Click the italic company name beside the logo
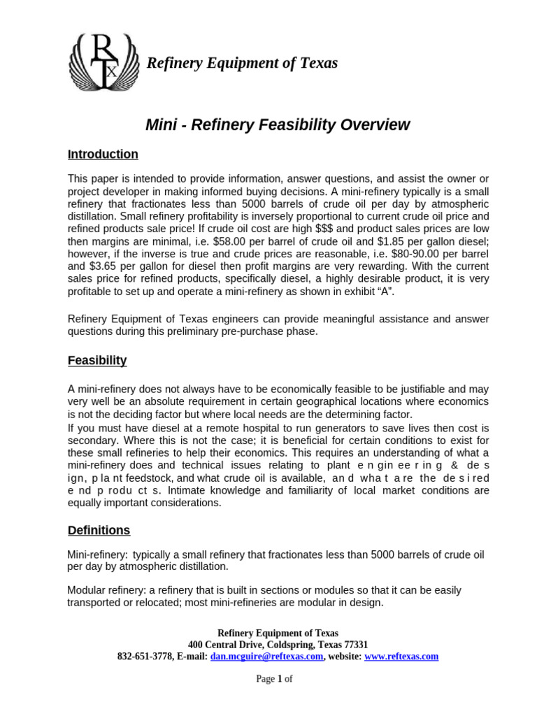click(x=241, y=63)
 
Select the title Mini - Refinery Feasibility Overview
click(x=277, y=125)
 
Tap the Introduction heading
click(x=103, y=155)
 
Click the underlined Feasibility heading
click(x=97, y=361)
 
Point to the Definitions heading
click(x=99, y=530)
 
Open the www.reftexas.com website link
click(x=401, y=657)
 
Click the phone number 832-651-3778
click(x=143, y=657)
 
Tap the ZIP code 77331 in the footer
click(x=354, y=644)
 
